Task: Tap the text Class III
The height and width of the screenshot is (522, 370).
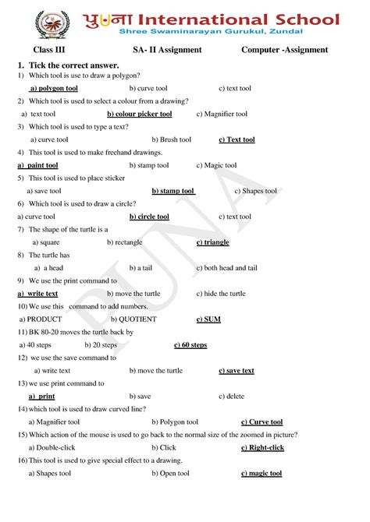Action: tap(48, 50)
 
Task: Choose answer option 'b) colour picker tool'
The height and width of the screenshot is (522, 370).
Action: tap(139, 114)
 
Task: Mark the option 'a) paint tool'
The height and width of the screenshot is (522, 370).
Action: tap(37, 165)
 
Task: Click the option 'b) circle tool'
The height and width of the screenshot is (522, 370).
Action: tap(149, 217)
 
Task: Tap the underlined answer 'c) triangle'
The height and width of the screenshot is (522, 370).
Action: tap(212, 242)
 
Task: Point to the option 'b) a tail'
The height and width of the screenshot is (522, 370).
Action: tap(141, 268)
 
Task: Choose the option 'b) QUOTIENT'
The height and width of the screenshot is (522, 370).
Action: tap(133, 319)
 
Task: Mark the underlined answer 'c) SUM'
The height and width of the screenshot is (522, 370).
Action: tap(208, 319)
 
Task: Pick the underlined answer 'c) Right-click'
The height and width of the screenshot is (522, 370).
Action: tap(262, 447)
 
